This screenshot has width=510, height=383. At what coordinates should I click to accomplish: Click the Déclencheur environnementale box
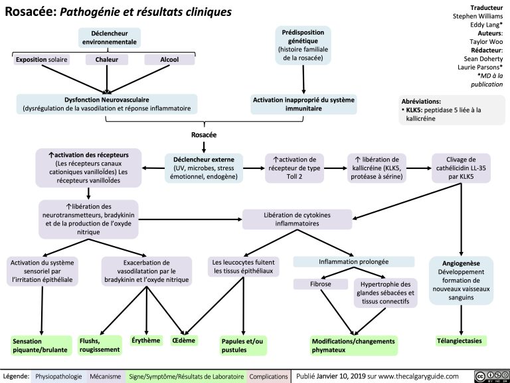pos(110,37)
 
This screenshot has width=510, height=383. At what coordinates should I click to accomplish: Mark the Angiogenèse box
pos(461,280)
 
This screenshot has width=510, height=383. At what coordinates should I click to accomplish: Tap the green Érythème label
pos(147,340)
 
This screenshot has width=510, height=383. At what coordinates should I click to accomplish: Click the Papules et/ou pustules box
pos(242,345)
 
